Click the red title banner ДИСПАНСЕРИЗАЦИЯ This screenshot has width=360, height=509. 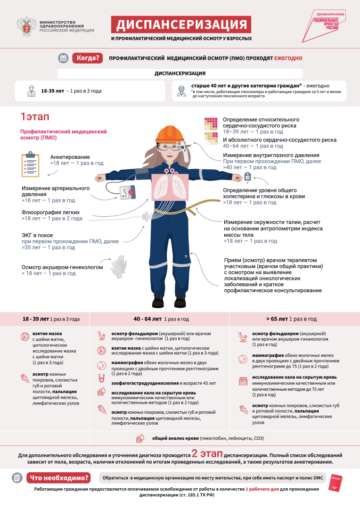[181, 25]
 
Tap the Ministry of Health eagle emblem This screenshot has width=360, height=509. [26, 26]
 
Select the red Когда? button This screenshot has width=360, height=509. [88, 58]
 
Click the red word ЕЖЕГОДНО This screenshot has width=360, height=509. [288, 58]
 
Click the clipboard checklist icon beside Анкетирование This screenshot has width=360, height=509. [31, 164]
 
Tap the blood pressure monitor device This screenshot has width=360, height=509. [127, 192]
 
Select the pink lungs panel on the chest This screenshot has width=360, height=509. [171, 187]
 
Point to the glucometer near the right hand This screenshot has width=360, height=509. [248, 178]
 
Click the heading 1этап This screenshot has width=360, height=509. [35, 116]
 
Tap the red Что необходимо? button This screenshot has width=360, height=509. [59, 478]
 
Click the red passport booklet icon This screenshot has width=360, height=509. [335, 483]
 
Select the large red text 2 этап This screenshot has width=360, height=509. [207, 453]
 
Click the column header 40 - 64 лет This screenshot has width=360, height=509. [147, 319]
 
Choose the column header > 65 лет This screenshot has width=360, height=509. [277, 319]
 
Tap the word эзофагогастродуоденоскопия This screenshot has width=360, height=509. [145, 383]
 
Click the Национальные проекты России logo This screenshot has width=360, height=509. [325, 25]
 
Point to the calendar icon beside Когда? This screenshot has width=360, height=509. [63, 58]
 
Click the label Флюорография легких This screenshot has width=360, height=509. [50, 212]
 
